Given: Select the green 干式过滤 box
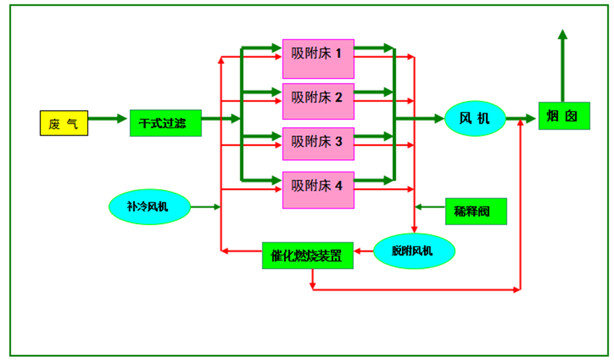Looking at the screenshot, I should tap(166, 123).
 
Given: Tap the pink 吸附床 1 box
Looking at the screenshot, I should tap(318, 53).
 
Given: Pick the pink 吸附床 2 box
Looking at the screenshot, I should tap(318, 98).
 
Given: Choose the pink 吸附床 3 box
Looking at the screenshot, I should tap(318, 142).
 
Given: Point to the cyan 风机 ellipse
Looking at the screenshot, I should tap(475, 117).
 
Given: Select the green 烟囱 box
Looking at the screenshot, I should tap(564, 116).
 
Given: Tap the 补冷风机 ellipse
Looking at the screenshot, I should tap(150, 207).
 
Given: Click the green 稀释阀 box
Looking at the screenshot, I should tap(476, 211).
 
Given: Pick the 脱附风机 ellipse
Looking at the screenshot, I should tap(414, 251).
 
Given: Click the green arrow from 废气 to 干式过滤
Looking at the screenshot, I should tap(108, 118).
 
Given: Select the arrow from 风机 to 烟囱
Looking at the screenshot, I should tap(521, 118).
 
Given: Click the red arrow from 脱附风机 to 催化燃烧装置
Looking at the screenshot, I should tap(365, 251).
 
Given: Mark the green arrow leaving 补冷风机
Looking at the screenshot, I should tap(205, 207).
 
